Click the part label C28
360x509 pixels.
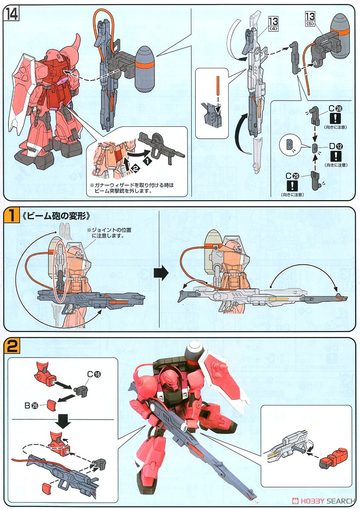click(333, 110)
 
